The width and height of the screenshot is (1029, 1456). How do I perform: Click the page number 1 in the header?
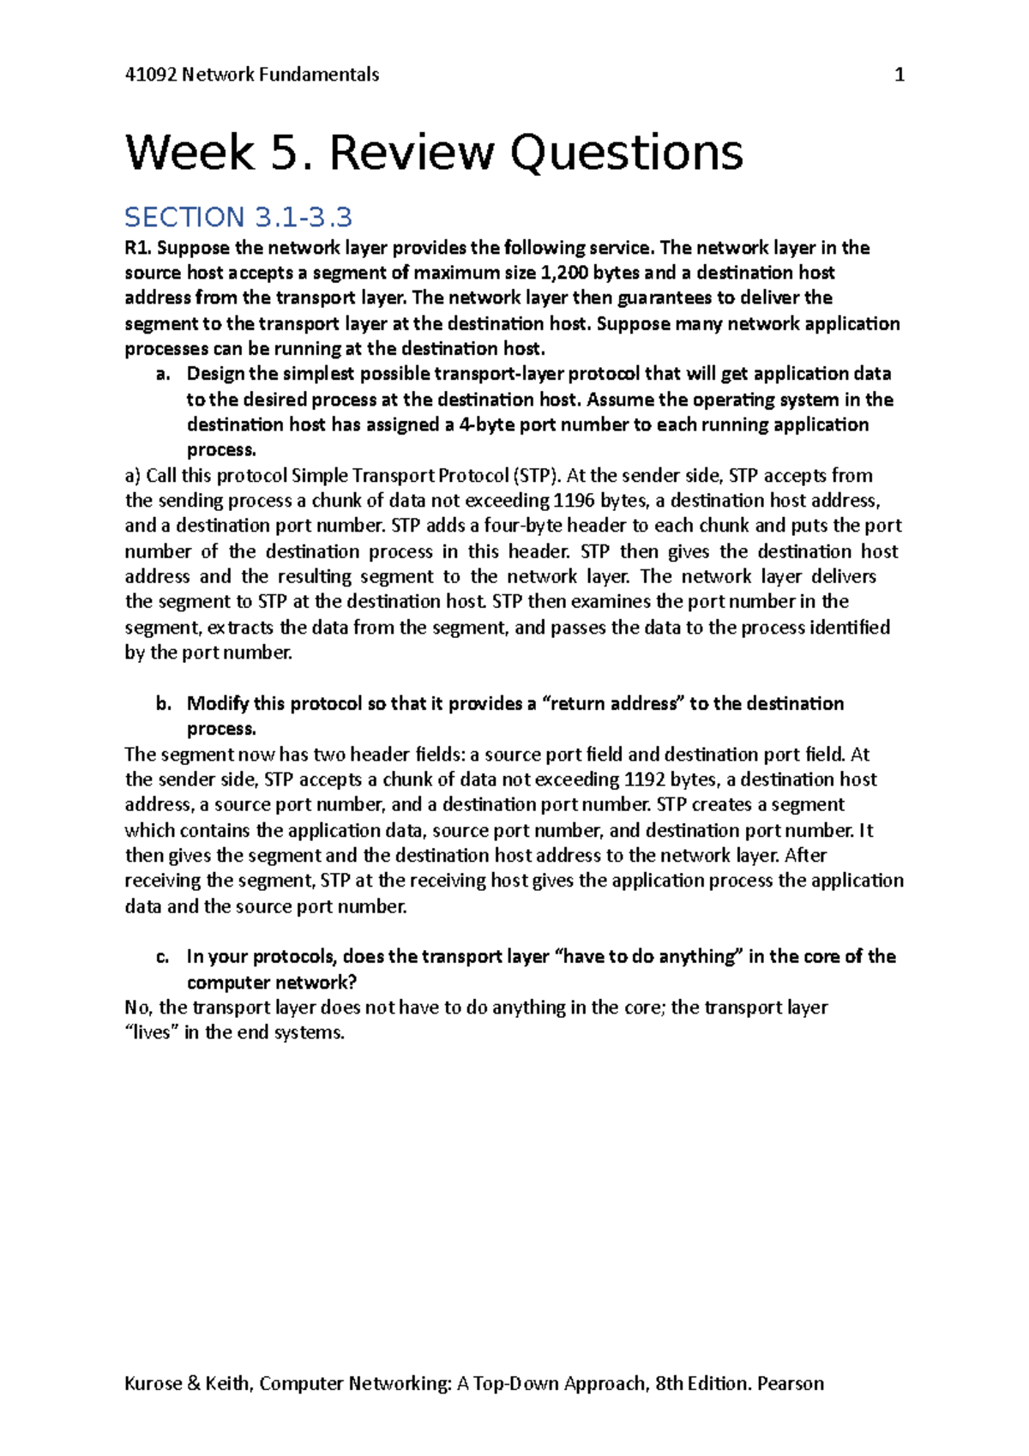[899, 75]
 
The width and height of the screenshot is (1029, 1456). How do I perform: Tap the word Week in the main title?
[190, 153]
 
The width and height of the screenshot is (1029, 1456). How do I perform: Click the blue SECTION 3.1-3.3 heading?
[238, 217]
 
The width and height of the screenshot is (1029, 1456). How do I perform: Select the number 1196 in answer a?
[574, 500]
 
